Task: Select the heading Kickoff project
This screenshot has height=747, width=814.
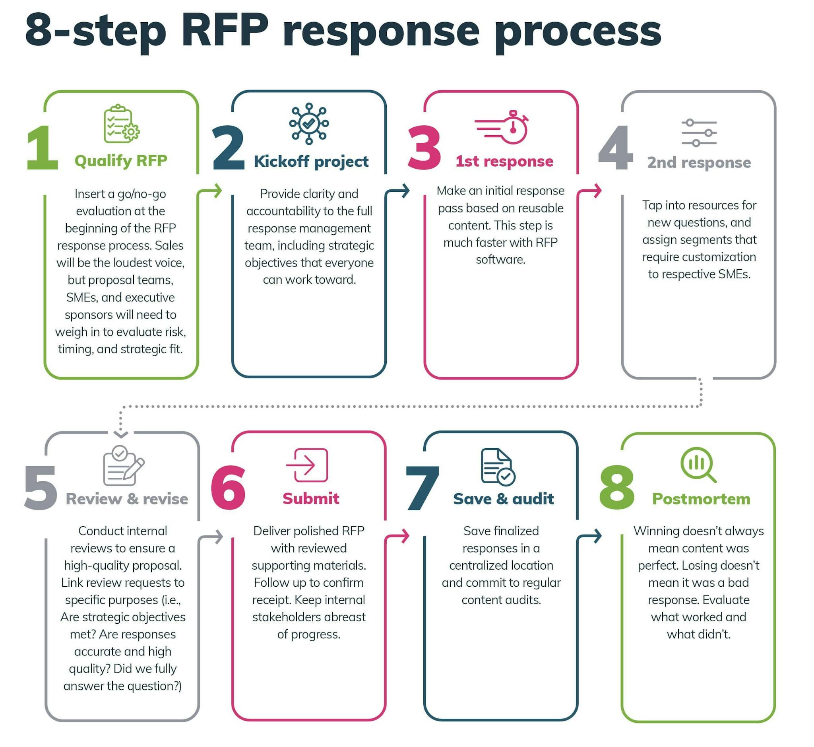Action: (x=311, y=161)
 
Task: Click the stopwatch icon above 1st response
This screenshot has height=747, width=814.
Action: (x=503, y=127)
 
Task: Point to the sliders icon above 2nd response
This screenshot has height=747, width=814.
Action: (x=699, y=132)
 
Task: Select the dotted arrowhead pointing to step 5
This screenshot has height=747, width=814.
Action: (x=121, y=434)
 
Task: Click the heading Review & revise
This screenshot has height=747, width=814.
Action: (x=127, y=499)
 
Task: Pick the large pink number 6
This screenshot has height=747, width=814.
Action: (x=228, y=488)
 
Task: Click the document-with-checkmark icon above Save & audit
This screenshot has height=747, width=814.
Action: (x=498, y=467)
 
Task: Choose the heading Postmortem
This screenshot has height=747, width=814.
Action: (x=701, y=499)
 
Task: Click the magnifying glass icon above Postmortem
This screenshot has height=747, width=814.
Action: (x=698, y=465)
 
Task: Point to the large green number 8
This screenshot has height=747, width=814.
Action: (x=617, y=488)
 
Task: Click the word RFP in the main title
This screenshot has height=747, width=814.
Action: (x=225, y=30)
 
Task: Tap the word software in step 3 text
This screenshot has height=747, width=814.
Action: (x=500, y=259)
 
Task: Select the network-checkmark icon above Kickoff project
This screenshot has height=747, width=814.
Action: (x=309, y=124)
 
